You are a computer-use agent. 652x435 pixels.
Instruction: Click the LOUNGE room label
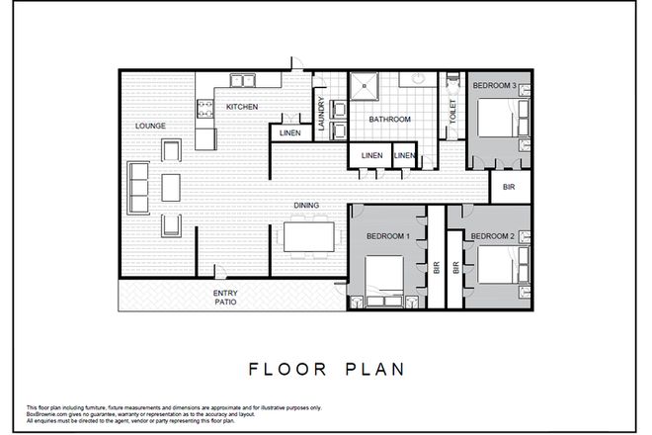tap(151, 126)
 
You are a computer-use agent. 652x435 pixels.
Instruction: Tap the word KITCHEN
tap(242, 107)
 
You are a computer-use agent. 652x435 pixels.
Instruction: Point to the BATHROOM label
tap(389, 120)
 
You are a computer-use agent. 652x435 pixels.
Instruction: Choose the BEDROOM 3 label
tap(493, 86)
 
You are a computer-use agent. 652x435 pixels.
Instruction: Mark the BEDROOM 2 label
tap(491, 236)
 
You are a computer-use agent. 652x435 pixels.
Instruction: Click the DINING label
tap(305, 206)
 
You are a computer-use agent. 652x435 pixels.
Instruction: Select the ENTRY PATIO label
tap(226, 298)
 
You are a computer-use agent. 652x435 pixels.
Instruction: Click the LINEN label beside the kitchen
tap(289, 134)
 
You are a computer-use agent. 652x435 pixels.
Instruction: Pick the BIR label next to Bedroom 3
tap(510, 187)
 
